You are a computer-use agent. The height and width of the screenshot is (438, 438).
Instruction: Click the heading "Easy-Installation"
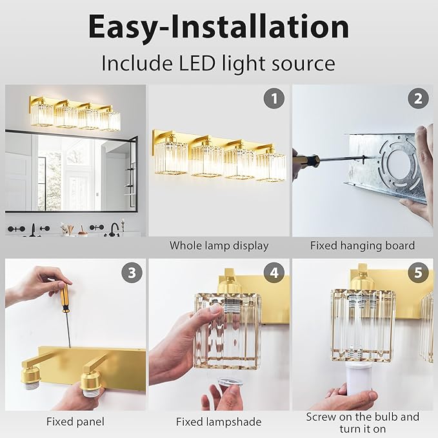219,26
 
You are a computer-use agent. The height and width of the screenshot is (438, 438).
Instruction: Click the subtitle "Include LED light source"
219,63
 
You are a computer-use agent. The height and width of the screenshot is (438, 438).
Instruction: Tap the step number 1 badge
274,99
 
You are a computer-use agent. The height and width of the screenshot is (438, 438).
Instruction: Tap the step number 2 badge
418,99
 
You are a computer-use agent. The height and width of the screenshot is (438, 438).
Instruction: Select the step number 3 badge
132,272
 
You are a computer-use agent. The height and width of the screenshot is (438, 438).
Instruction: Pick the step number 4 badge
274,272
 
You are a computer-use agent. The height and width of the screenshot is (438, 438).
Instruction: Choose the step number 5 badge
418,272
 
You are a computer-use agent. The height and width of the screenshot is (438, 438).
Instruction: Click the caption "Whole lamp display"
219,246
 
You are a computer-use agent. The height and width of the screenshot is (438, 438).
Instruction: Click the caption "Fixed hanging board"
362,246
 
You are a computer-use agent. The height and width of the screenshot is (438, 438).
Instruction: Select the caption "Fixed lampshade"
219,422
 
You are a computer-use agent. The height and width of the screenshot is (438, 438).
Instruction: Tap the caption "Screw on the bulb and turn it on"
362,423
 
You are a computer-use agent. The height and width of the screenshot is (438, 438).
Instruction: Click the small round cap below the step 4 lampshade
226,383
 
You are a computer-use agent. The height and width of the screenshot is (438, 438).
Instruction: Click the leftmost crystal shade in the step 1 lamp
171,158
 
